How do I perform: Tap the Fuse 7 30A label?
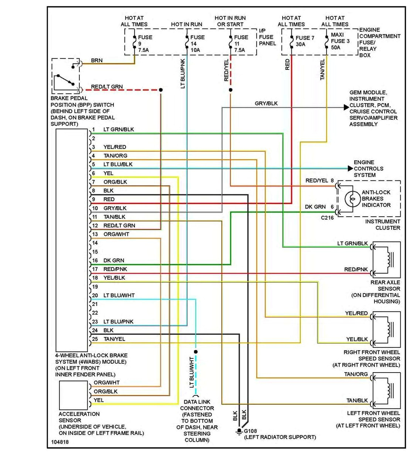(305, 41)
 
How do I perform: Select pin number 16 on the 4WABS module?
(95, 261)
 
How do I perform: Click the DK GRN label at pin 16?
(114, 261)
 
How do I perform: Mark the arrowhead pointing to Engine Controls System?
(350, 169)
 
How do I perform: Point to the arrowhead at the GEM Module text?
(346, 108)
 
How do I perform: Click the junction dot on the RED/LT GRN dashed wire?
(161, 90)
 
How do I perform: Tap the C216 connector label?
(327, 218)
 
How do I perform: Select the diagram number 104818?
(60, 442)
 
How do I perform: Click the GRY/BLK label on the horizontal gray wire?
(266, 103)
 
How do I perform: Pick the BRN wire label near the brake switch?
(97, 60)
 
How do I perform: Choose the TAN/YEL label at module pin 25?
(114, 339)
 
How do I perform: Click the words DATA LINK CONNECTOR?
(197, 405)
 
